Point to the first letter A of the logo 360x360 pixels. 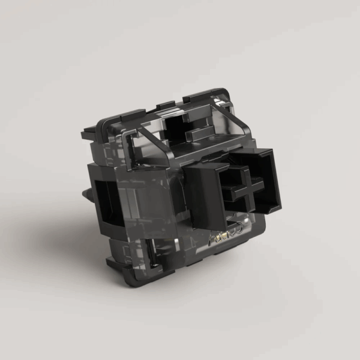coord(213,239)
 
